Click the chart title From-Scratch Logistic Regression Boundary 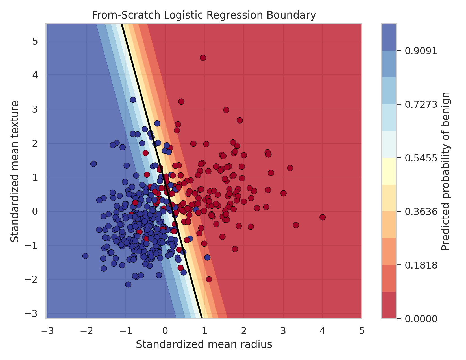click(x=204, y=15)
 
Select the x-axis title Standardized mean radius click(x=204, y=344)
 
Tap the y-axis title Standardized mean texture click(x=15, y=171)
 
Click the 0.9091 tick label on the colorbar click(x=421, y=51)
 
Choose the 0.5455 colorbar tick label click(x=421, y=158)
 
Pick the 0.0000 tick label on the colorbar click(x=421, y=319)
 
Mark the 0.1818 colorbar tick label click(x=421, y=265)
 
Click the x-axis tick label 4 click(x=322, y=331)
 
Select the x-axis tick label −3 click(x=47, y=331)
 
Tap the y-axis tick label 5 click(x=35, y=41)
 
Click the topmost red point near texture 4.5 click(x=203, y=58)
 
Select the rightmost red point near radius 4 click(x=323, y=217)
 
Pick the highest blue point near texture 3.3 click(x=133, y=100)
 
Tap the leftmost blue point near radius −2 click(x=85, y=256)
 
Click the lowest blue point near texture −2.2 click(x=128, y=284)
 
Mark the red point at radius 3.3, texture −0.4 click(x=296, y=225)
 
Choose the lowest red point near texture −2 click(x=209, y=279)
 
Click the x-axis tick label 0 click(x=165, y=331)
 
